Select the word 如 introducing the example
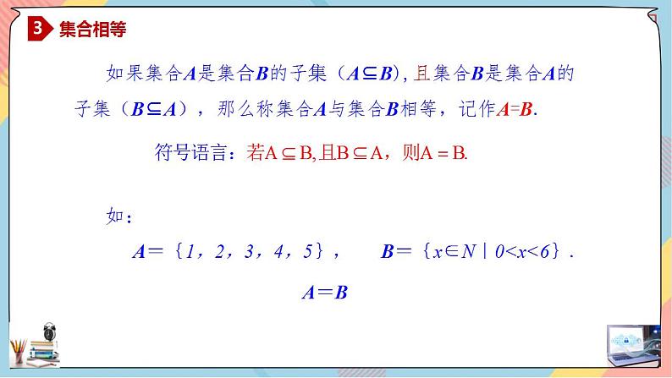pos(116,216)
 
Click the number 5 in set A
pos(308,251)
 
